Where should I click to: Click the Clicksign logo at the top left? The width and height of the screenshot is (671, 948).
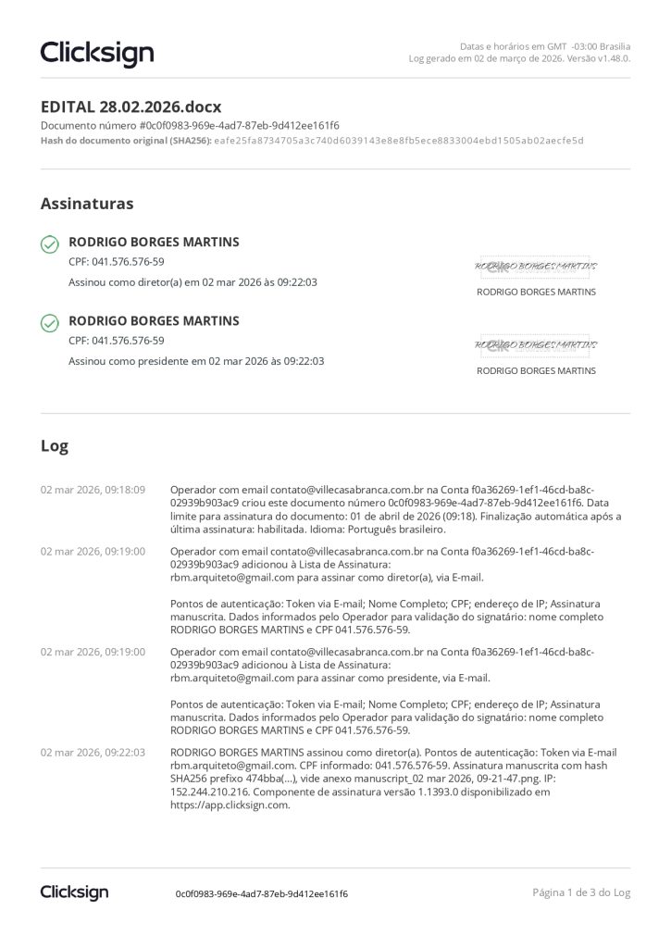(97, 53)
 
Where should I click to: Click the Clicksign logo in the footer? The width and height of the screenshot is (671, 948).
(74, 892)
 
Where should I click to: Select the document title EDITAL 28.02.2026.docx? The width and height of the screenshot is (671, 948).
(130, 106)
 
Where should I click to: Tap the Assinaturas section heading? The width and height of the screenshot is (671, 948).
(87, 203)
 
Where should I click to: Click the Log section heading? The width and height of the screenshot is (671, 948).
(55, 445)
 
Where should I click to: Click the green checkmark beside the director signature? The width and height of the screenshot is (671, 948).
(50, 244)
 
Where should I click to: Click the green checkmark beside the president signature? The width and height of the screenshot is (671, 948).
(50, 323)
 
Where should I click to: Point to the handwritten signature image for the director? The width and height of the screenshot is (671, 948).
(532, 268)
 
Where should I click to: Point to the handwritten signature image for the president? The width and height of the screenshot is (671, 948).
(532, 346)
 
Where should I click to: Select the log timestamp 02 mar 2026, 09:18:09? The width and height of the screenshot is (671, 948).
(93, 490)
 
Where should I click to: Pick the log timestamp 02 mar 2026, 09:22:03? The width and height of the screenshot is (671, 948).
(93, 753)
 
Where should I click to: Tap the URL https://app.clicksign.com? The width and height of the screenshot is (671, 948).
(230, 805)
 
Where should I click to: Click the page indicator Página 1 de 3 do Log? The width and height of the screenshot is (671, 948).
(581, 892)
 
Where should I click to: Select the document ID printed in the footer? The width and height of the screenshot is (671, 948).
(262, 894)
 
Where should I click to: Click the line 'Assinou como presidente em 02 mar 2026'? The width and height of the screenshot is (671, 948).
(196, 361)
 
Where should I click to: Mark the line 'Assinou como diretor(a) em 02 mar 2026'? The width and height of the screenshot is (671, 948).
(193, 282)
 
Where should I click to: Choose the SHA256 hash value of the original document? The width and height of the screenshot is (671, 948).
(399, 141)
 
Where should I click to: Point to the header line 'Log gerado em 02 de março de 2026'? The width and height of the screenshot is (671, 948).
(519, 58)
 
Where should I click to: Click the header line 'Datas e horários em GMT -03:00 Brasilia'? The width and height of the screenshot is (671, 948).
(545, 45)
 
